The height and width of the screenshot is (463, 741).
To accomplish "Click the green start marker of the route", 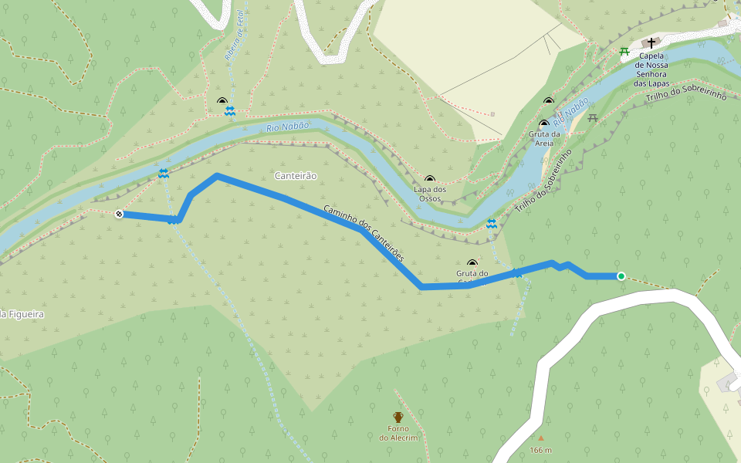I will (x=621, y=275).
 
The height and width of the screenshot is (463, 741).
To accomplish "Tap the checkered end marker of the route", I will (x=119, y=214).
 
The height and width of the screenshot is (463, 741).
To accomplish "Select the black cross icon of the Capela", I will (x=651, y=43).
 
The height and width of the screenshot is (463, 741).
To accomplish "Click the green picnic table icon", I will (x=624, y=52).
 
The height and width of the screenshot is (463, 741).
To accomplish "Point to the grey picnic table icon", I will (x=593, y=118).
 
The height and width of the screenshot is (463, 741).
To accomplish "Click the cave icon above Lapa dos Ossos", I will (x=430, y=180).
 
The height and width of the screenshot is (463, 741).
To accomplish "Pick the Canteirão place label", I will (x=296, y=176).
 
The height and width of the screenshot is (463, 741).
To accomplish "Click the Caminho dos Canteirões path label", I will (x=363, y=231).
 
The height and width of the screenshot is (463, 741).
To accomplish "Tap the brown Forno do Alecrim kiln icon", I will (x=398, y=417).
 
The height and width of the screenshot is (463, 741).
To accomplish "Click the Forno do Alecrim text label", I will (x=398, y=433).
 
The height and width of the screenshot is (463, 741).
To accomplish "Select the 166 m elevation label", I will (x=540, y=450).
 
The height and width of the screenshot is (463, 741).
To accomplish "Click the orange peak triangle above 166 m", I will (x=540, y=438).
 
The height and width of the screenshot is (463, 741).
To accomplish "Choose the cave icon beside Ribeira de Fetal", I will (x=222, y=102).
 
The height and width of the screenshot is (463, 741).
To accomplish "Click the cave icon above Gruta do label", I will (x=472, y=263).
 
